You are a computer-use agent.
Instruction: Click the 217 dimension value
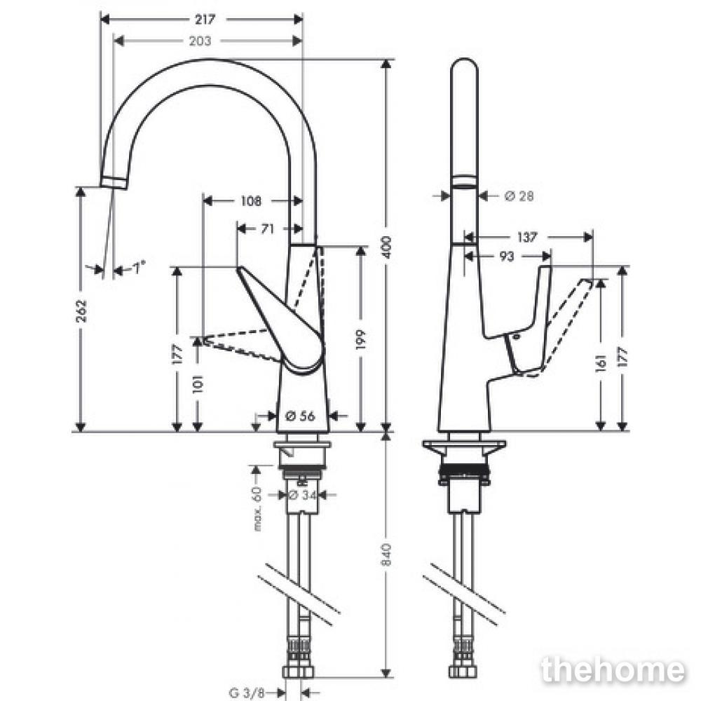coord(205,19)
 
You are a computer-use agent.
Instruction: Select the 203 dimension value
coord(200,41)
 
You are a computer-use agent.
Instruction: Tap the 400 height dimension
coord(387,247)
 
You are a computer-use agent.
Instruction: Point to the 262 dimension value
coord(81,311)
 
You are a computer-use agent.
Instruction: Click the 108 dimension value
coord(251,201)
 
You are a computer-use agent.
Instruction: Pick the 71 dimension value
coord(267,229)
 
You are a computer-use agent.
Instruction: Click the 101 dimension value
coord(198,383)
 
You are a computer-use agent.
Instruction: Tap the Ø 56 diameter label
coord(300,416)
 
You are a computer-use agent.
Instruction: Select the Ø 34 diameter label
coord(302,495)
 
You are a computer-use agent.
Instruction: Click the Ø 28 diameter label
coord(519,196)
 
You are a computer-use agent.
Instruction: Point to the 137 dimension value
coord(526,237)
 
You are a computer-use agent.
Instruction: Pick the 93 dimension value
coord(507,257)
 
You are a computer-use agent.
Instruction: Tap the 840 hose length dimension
coord(387,554)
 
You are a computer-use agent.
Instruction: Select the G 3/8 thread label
coord(247,693)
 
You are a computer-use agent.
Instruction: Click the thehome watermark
coord(613,670)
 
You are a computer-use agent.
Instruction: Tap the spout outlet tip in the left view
coord(114,183)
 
